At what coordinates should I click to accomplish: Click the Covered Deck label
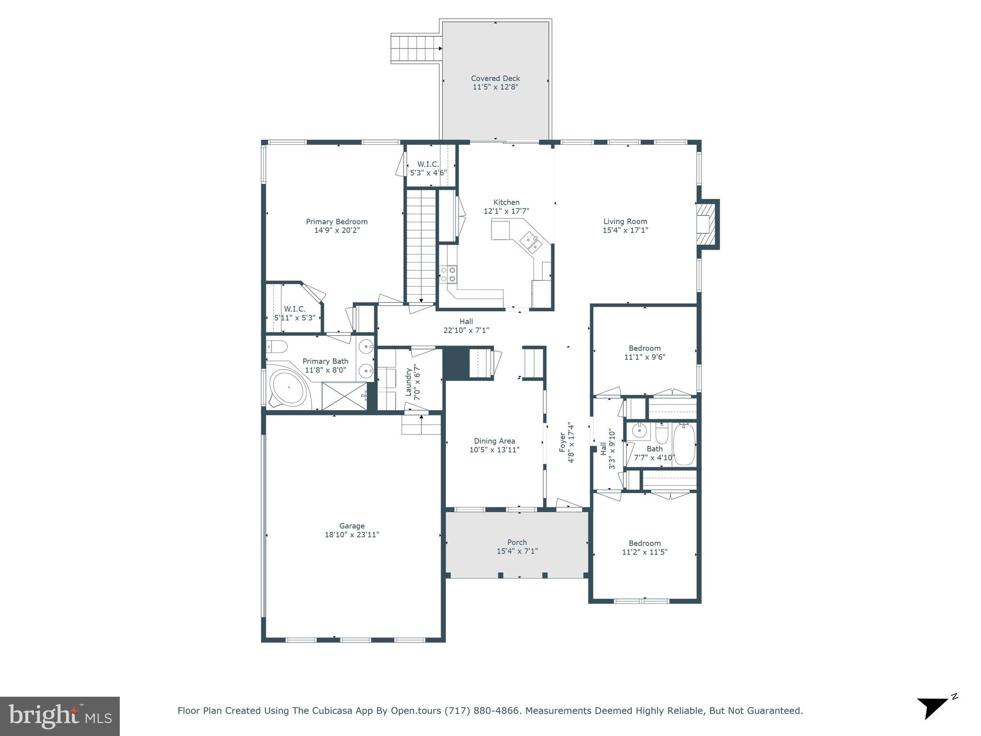(x=495, y=78)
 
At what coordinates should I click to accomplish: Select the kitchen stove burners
(x=448, y=274)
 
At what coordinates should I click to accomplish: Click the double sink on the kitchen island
(x=532, y=241)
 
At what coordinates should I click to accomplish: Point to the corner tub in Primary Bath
(x=288, y=388)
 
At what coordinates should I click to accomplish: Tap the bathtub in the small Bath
(x=684, y=444)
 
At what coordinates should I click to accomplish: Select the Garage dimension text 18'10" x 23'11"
(x=352, y=535)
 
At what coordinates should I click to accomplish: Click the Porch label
(x=517, y=542)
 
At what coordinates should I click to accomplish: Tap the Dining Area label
(x=494, y=441)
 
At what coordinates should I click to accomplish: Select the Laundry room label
(x=409, y=382)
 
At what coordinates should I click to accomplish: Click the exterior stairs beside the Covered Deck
(x=415, y=48)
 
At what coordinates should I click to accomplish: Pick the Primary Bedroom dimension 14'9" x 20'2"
(x=337, y=230)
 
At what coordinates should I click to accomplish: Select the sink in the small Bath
(x=639, y=431)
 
